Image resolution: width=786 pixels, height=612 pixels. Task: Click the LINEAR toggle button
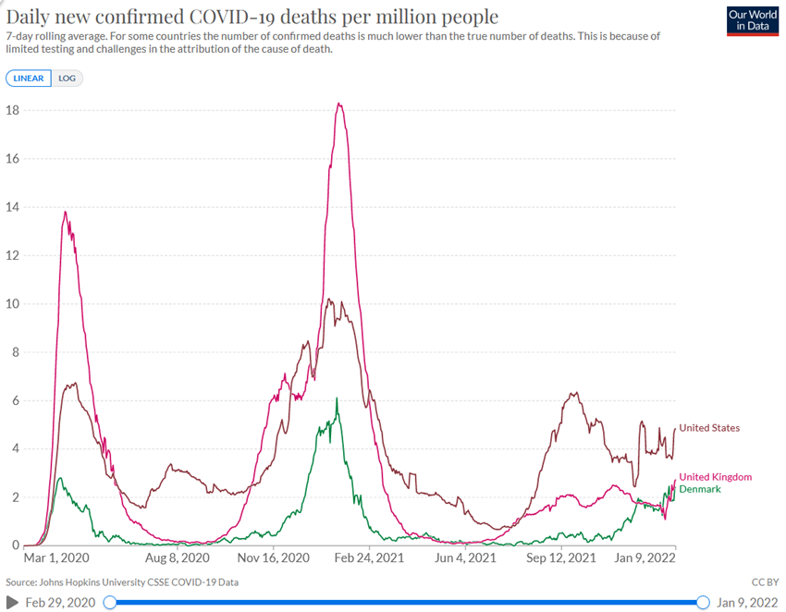click(29, 79)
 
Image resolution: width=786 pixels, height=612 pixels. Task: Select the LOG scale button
click(68, 79)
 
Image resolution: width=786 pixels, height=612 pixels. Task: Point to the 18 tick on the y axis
click(14, 110)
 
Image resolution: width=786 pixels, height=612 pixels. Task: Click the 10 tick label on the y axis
click(14, 304)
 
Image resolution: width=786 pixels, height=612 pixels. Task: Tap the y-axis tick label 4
click(16, 449)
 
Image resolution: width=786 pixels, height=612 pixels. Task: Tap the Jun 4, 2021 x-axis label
click(466, 558)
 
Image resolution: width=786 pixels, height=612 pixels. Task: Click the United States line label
click(709, 428)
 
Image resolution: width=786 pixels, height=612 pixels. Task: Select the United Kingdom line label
click(715, 477)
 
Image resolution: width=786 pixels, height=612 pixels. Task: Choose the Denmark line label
click(700, 488)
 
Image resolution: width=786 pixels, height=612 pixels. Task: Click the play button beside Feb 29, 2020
click(13, 603)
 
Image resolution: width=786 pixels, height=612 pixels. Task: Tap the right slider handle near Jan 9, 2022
click(702, 603)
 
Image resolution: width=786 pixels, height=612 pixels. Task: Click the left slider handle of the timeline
click(110, 603)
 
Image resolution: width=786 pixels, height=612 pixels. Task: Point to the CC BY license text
click(764, 582)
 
